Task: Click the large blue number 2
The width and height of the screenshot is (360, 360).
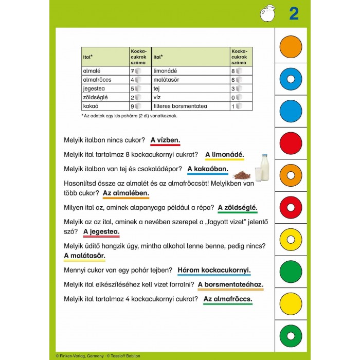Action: [x=294, y=14]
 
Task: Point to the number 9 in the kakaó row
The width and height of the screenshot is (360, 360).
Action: [x=132, y=106]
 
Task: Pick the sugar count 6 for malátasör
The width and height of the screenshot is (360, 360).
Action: [x=233, y=80]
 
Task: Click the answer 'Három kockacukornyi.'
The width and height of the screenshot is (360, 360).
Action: [x=214, y=269]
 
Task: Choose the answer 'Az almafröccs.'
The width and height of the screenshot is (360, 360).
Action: [x=227, y=299]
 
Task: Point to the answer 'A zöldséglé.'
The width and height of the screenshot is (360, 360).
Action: [x=238, y=208]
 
